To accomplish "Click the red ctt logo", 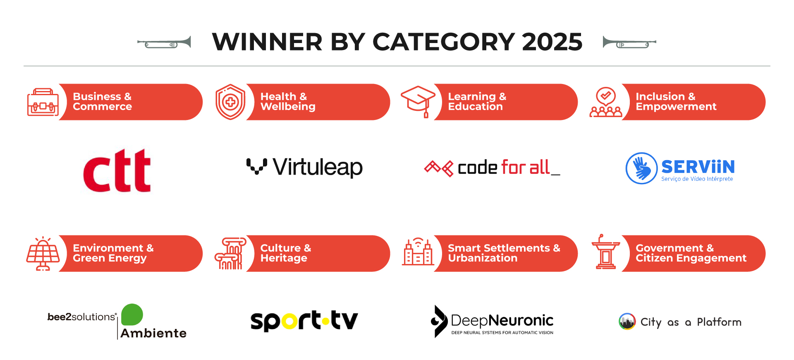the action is coord(117,170).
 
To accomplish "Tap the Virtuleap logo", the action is coord(304,168).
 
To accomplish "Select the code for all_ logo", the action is coord(492,168).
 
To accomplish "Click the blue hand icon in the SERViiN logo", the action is coord(641,168).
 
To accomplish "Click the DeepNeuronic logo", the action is coord(492,322).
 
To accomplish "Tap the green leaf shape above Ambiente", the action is coord(132,314).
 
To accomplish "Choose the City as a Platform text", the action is coord(691,322).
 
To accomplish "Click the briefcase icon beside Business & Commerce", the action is coord(43,102).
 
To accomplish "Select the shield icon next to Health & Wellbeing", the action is coord(230,102).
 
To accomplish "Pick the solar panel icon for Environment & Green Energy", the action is coord(43,254).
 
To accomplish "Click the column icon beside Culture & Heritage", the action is coord(230,254).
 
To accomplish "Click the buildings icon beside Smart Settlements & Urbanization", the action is coord(418,252).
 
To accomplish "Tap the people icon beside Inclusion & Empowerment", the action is coord(606,102).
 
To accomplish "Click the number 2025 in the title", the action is coord(552,42).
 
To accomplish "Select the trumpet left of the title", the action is coord(164,43).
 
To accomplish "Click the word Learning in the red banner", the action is coord(472,97).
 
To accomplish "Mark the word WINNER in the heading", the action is coord(267,42).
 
